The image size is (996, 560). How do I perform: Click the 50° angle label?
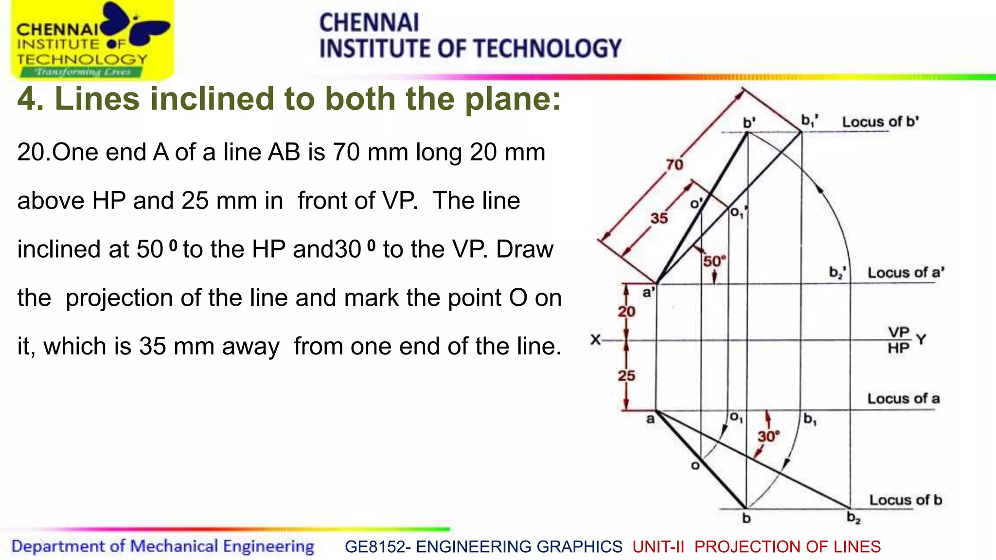[x=714, y=261]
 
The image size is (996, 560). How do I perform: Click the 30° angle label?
[x=768, y=436]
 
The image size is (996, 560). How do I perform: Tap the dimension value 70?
[x=675, y=165]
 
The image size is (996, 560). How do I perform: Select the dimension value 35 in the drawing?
[x=659, y=218]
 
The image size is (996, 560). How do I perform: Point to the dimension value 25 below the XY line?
[x=626, y=375]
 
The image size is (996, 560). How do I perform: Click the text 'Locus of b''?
[x=880, y=122]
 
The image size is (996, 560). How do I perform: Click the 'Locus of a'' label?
[x=906, y=273]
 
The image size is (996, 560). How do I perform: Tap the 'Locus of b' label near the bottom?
[x=906, y=500]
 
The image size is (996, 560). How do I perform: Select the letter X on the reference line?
[x=595, y=339]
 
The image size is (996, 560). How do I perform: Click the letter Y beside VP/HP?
[x=921, y=339]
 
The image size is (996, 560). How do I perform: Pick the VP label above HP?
[x=898, y=332]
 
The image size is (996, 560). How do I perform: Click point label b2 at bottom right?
[x=854, y=517]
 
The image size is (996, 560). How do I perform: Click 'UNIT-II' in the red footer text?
[x=658, y=546]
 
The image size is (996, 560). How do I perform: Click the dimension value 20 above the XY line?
[x=626, y=311]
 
